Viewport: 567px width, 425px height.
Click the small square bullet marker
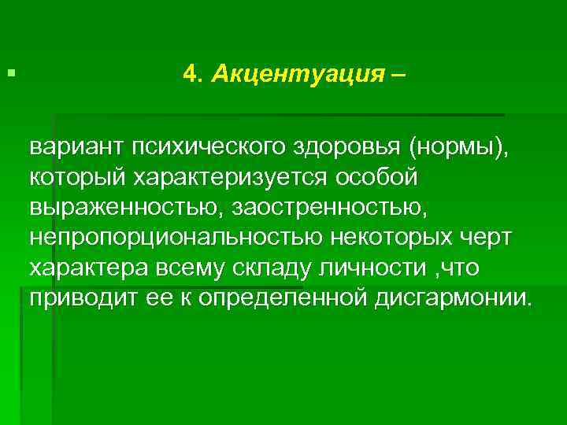tap(9, 73)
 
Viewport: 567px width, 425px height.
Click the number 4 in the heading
tap(189, 74)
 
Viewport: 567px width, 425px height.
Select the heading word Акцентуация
tap(296, 74)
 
